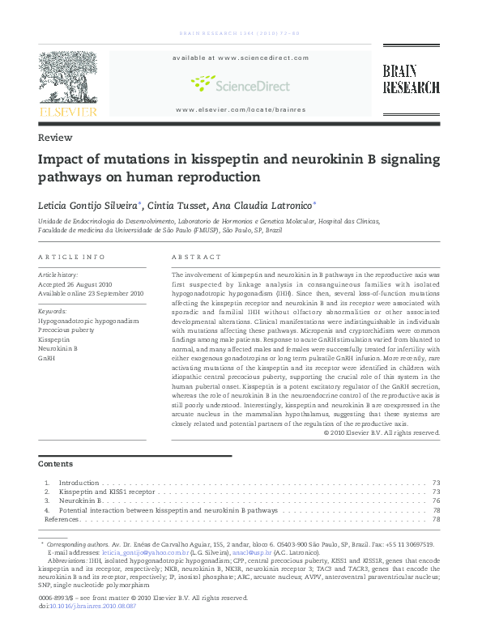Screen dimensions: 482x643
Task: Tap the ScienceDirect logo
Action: (x=240, y=83)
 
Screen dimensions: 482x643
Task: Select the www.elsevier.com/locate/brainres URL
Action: (x=240, y=109)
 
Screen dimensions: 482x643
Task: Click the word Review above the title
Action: (x=55, y=138)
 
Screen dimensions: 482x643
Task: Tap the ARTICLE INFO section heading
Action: (x=72, y=257)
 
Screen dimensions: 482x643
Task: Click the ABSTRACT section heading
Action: (x=197, y=257)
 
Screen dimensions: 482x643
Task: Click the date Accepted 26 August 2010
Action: (x=75, y=284)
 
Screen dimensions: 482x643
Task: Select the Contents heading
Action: (x=56, y=464)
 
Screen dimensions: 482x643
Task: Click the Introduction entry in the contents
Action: (x=79, y=482)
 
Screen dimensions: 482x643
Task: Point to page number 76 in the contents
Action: (x=437, y=501)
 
